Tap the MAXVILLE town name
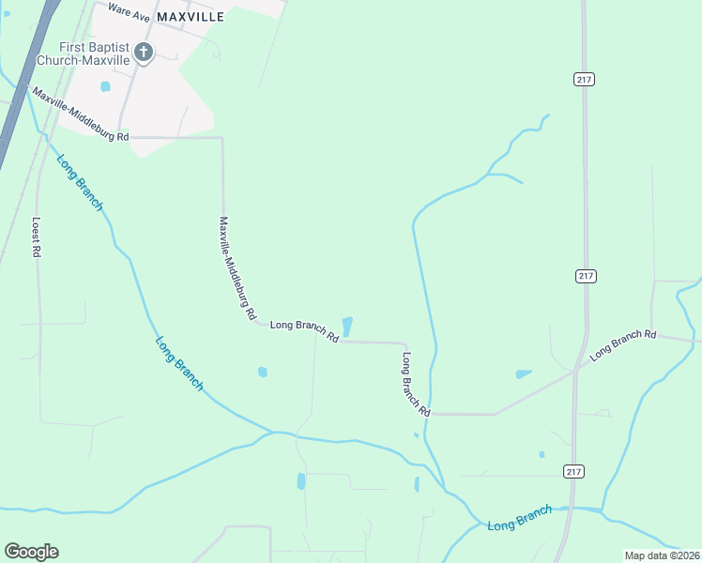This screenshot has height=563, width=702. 191,17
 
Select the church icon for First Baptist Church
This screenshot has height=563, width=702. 143,53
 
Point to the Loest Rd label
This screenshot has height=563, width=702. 37,237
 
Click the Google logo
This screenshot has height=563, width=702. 31,552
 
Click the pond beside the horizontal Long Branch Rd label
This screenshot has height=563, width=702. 347,327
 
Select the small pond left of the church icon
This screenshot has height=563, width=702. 105,86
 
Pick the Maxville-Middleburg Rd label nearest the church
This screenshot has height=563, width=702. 80,115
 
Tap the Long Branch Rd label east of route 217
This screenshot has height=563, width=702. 622,345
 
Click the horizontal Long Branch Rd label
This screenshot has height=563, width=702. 304,330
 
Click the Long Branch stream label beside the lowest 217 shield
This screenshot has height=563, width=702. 520,518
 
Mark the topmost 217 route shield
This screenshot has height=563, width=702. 584,80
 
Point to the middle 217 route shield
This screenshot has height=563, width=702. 584,275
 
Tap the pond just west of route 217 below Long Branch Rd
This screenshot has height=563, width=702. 524,373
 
